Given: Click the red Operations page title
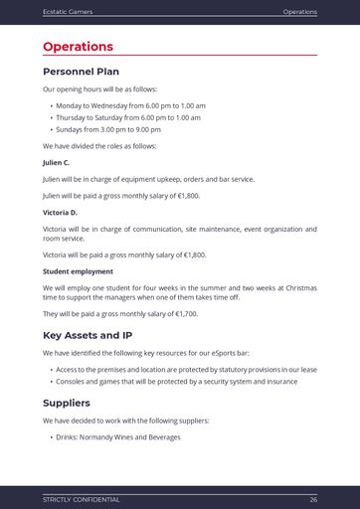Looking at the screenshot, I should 78,47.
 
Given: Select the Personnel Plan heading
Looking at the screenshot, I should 81,72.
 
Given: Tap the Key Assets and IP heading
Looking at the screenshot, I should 87,335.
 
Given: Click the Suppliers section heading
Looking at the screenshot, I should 67,403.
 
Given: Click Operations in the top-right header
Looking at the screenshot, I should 299,12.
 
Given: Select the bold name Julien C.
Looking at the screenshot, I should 56,162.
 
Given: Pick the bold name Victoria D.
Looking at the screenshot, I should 60,213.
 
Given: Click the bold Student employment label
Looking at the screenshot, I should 78,271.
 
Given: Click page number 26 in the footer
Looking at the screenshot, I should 312,499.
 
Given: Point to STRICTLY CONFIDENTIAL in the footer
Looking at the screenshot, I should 81,499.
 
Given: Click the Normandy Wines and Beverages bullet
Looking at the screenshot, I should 118,436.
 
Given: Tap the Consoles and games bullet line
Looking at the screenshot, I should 176,381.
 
